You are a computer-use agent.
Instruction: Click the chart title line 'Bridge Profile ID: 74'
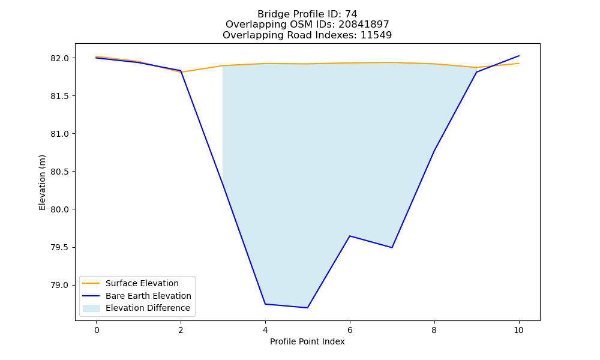[307, 14]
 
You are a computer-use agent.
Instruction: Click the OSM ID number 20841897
[364, 25]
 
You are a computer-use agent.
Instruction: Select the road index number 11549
[376, 35]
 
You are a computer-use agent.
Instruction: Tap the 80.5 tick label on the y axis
[59, 172]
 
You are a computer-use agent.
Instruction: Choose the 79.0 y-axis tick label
[59, 286]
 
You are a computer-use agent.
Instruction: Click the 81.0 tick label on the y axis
[59, 134]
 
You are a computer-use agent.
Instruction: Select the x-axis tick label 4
[265, 330]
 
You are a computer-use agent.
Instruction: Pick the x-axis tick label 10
[518, 330]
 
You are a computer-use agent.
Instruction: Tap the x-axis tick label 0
[97, 330]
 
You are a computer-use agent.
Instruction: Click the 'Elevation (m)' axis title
[42, 182]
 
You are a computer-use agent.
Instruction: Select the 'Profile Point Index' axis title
[307, 341]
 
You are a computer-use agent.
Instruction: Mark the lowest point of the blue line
[307, 308]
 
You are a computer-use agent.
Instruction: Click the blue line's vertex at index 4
[265, 304]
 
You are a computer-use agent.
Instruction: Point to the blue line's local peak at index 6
[350, 236]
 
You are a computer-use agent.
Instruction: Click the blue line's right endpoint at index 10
[519, 56]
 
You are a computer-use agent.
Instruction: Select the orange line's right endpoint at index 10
[519, 64]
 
